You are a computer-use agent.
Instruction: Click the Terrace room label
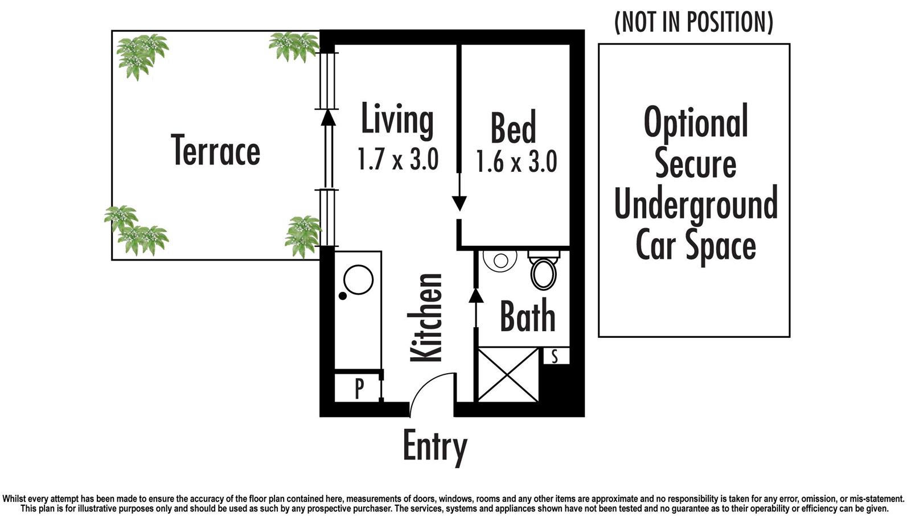click(x=216, y=150)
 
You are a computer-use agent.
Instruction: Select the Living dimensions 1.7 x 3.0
click(x=398, y=159)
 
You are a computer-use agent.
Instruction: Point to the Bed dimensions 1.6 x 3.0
click(x=516, y=162)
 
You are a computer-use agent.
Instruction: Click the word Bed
click(x=513, y=128)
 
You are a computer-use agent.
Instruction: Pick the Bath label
click(x=527, y=316)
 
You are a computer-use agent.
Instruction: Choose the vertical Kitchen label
click(x=425, y=317)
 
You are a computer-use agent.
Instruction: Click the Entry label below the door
click(x=435, y=448)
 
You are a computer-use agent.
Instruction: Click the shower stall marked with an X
click(x=508, y=374)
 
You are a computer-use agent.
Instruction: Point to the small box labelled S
click(x=556, y=356)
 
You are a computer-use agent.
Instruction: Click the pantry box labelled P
click(x=358, y=388)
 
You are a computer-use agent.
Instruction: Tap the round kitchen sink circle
click(x=358, y=279)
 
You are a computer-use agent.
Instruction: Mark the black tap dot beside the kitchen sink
click(x=343, y=296)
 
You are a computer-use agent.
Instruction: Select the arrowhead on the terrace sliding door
click(x=329, y=118)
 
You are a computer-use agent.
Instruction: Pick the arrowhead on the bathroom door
click(x=476, y=295)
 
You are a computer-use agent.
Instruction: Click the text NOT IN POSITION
click(x=694, y=22)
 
